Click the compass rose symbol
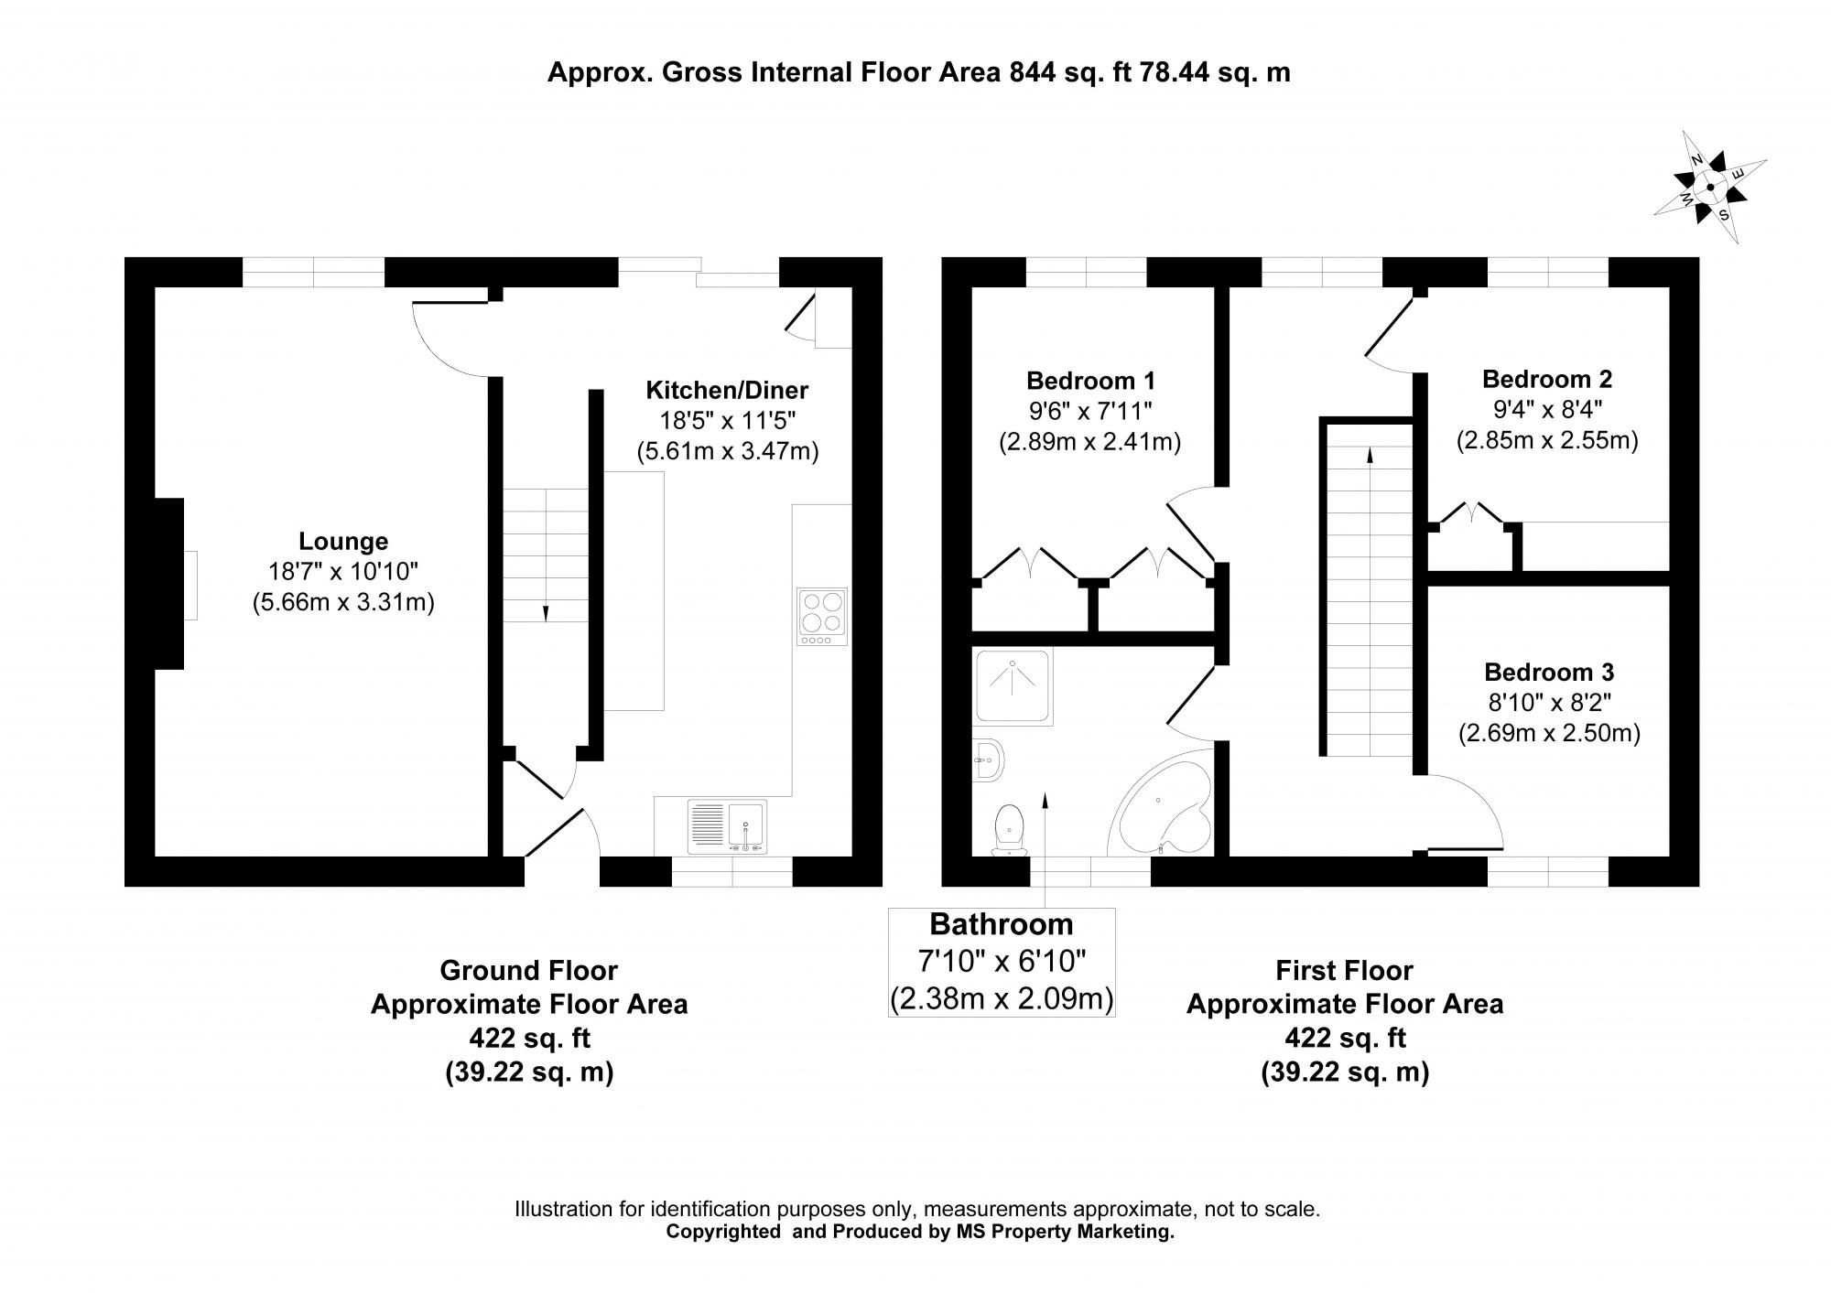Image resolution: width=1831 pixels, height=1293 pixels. coord(1709,188)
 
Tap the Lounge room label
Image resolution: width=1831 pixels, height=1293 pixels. coord(343,541)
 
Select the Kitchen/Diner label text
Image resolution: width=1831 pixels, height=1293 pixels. coord(727,391)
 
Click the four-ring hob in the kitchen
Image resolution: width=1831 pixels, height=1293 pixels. coord(822,613)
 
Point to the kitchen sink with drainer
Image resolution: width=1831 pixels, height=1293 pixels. coord(728,826)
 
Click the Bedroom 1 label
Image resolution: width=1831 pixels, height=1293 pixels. coord(1090,380)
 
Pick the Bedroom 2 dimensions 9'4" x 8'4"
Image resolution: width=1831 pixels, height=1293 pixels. coord(1546,409)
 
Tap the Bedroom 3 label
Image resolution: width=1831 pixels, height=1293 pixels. coord(1549,673)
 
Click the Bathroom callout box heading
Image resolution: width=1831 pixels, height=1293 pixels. coord(1002,924)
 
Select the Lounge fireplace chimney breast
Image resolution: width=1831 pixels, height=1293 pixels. coord(168,584)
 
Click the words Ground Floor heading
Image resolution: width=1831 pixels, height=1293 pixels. coord(528,970)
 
